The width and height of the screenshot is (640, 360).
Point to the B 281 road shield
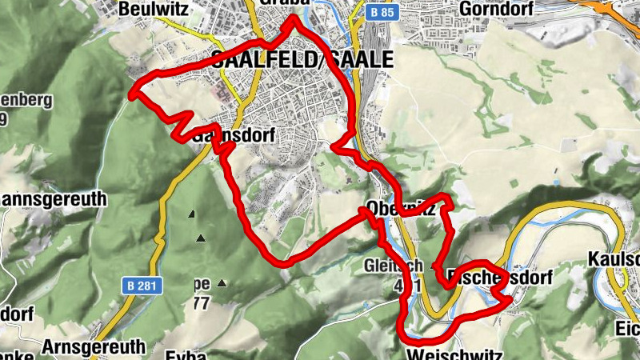point(142,284)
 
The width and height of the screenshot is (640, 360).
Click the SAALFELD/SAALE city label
point(303,60)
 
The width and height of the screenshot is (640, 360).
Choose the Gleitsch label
point(392,265)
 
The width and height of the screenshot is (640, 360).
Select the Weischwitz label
point(453,353)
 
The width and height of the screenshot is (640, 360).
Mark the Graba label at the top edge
point(283,4)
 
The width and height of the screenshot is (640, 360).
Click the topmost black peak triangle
point(192,214)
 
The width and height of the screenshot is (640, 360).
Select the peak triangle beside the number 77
point(222,282)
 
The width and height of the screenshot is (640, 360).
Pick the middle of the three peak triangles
point(201,238)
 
